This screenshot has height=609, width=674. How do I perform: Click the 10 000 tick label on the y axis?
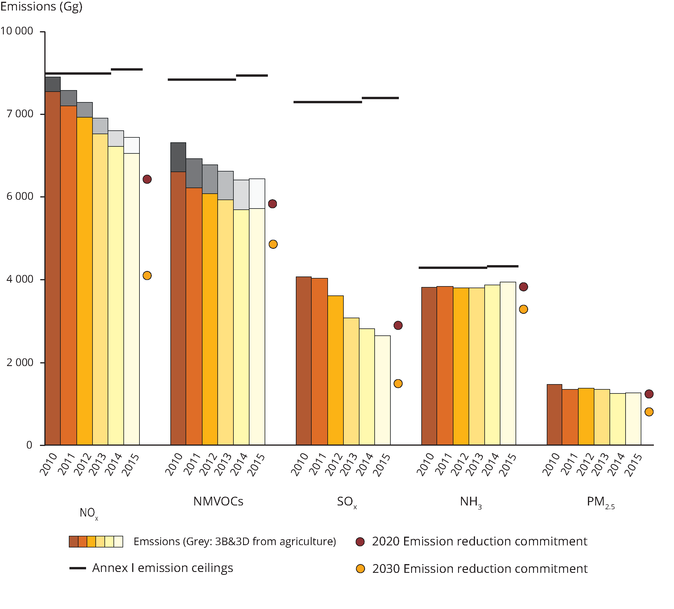coord(17,31)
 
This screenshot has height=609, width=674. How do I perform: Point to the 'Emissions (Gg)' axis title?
coord(41,7)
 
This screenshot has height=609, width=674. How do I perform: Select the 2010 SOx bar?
coord(303,361)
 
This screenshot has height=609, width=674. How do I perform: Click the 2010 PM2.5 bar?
coord(554,414)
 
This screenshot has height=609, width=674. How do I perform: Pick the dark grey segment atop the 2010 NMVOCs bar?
coord(178,157)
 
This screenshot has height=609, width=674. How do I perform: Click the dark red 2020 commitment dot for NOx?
coord(147,179)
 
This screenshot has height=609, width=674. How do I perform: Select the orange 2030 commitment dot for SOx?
coord(398,383)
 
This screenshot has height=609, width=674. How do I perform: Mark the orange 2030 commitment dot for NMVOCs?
coord(273,244)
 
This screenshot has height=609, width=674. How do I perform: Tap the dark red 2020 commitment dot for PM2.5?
coord(649,394)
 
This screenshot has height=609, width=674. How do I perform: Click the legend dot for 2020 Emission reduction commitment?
coord(360,542)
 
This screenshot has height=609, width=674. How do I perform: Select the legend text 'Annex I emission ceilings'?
coord(163,568)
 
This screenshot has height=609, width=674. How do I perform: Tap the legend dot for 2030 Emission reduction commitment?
coord(360,569)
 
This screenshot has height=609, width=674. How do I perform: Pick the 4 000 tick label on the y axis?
coord(20,279)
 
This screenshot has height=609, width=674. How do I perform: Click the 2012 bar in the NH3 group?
coord(461,366)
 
